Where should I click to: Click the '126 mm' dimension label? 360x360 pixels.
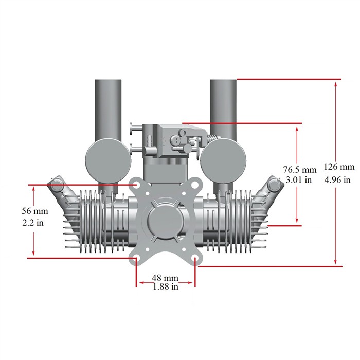point(339,167)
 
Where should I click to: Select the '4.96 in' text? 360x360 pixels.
point(337,180)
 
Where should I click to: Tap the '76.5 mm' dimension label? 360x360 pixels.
point(300,170)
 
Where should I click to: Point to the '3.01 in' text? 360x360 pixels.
point(299,180)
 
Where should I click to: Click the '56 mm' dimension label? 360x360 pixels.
point(35,211)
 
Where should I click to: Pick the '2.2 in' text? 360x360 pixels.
point(33,223)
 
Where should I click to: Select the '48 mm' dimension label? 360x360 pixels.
point(165,278)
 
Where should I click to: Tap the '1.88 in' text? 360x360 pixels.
point(166,286)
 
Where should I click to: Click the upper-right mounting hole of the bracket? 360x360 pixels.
point(195,185)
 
